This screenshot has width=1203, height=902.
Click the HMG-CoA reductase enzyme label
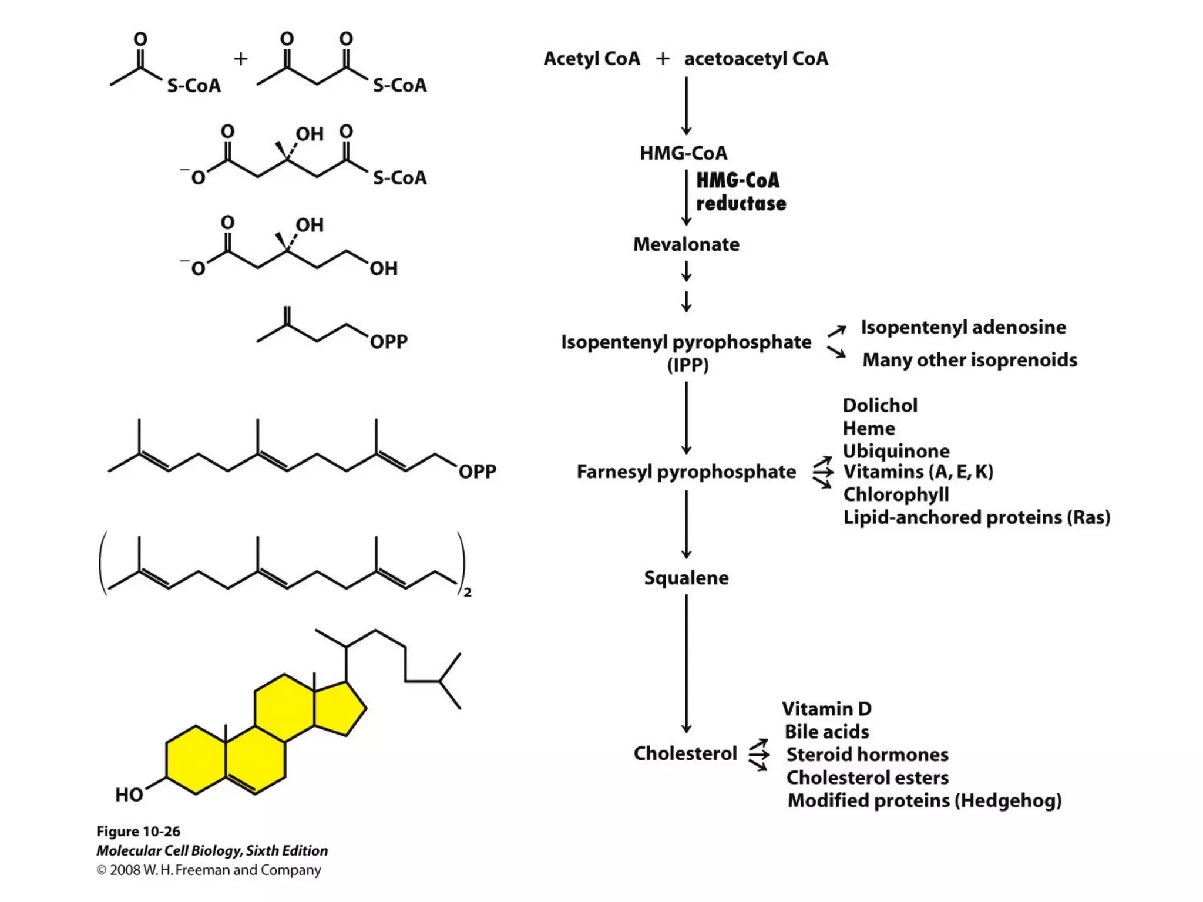[740, 192]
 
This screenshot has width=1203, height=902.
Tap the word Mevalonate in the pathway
[686, 244]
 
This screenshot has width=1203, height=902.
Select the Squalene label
[686, 578]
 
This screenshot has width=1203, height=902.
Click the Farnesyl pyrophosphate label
[686, 472]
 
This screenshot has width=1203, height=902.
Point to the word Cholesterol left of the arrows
[685, 753]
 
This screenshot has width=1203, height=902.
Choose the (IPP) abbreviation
[688, 365]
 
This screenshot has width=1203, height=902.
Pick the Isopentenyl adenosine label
[963, 327]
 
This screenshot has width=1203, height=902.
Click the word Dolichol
[880, 405]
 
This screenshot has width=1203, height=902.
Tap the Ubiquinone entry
[896, 451]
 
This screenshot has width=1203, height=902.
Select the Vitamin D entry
[826, 709]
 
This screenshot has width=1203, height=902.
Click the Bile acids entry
[826, 732]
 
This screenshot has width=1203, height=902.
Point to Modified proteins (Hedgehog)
[925, 800]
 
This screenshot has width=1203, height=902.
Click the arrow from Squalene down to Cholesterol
[686, 664]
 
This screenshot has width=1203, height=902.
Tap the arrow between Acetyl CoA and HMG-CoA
[686, 106]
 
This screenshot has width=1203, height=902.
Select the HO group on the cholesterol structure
[129, 795]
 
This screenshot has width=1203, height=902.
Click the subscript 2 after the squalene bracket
[468, 593]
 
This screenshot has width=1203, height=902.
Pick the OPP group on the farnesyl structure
[477, 472]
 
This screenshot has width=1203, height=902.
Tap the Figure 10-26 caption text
[138, 832]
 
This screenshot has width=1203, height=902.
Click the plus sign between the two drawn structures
[241, 59]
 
